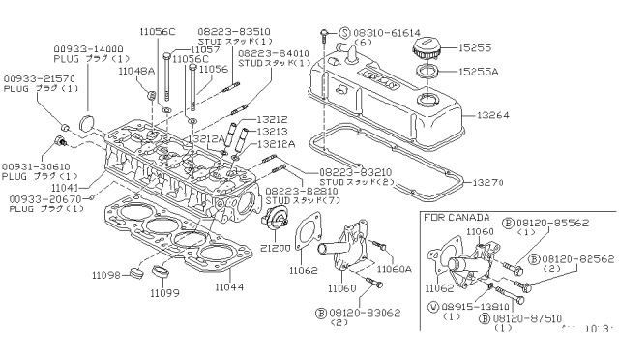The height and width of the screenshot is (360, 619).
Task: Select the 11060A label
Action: point(395,269)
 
